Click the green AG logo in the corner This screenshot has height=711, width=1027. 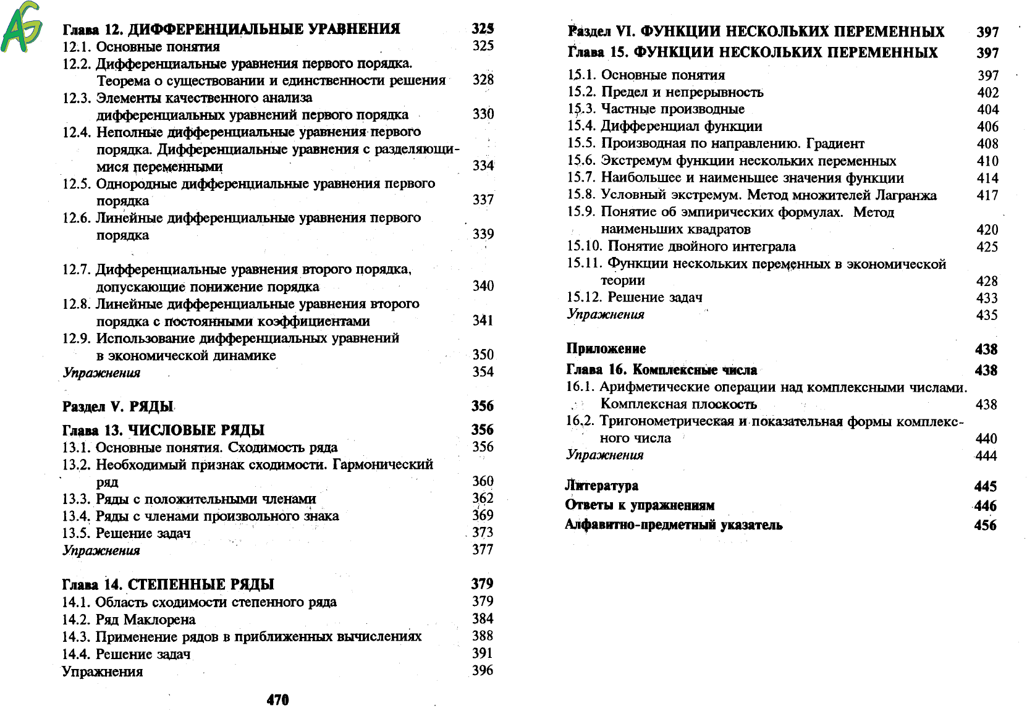(22, 27)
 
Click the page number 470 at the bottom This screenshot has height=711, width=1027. (277, 699)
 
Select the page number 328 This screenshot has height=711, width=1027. (483, 80)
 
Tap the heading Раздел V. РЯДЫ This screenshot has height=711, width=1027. (117, 406)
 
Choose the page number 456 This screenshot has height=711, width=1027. (985, 525)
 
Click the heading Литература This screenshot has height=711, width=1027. (601, 486)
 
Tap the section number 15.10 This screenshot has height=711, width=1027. (584, 246)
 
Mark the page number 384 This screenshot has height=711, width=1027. (482, 619)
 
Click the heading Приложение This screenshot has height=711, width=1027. (606, 348)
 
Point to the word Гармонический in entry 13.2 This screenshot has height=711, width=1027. (382, 465)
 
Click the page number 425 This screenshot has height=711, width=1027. (987, 246)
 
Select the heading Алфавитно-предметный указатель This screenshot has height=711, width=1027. (674, 525)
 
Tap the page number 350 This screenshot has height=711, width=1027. (483, 355)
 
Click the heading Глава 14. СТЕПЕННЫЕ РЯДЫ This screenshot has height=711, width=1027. (168, 584)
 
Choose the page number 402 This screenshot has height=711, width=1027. (987, 93)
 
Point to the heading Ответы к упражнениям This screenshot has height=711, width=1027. (640, 505)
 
